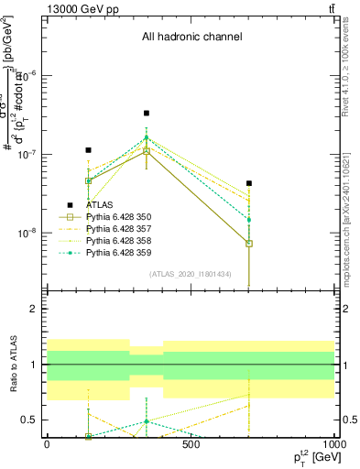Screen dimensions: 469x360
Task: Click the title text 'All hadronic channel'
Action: (191, 38)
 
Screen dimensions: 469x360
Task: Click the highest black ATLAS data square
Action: (147, 114)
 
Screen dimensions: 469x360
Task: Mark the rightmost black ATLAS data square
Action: (249, 183)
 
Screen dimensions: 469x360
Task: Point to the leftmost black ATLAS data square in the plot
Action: (88, 149)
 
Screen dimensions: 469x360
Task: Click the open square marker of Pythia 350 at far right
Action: (249, 244)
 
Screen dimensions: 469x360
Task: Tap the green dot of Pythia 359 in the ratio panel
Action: (147, 421)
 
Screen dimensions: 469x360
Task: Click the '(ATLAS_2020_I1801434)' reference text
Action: (191, 274)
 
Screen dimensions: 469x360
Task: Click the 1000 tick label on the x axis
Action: (333, 444)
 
